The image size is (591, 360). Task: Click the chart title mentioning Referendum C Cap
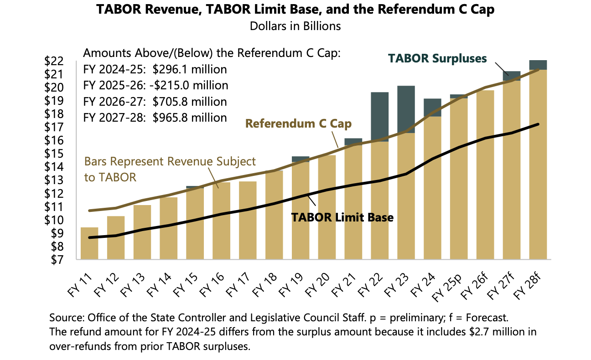[295, 10]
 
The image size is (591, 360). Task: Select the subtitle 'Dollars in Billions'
[295, 26]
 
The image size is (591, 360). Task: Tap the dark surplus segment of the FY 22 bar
[379, 117]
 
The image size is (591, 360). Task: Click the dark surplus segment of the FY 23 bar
[406, 109]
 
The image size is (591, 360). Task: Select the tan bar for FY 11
[89, 243]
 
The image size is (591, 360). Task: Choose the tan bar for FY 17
[248, 221]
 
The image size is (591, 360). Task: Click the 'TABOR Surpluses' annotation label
[437, 58]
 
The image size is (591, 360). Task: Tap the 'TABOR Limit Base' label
[342, 217]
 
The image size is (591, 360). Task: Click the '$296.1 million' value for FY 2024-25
[190, 70]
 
